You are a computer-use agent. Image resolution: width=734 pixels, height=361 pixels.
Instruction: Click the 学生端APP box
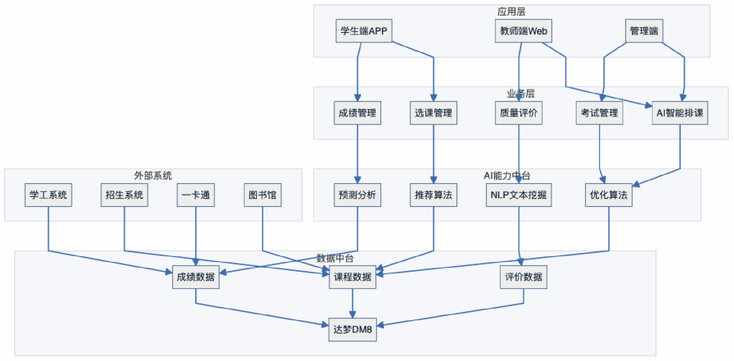364,31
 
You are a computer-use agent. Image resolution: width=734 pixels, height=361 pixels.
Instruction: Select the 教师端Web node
523,31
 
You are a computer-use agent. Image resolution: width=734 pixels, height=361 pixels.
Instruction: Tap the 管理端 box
644,31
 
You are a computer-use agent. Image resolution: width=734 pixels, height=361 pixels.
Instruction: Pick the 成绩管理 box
357,113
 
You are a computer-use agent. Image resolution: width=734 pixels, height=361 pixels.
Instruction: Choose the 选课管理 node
433,113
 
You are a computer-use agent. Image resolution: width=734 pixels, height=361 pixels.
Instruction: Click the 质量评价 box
518,113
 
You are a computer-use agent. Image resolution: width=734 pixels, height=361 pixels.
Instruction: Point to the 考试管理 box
599,113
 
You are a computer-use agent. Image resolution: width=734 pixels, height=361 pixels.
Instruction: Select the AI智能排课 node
680,113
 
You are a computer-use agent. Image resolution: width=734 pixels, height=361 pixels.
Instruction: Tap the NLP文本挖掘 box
518,195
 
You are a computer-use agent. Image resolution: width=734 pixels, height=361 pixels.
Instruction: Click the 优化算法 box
608,195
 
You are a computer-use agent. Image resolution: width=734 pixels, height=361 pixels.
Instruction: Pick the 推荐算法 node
433,195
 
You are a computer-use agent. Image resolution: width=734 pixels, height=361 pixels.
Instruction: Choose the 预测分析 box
357,195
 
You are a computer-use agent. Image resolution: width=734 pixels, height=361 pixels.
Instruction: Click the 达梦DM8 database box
352,330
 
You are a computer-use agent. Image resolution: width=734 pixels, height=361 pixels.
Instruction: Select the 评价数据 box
523,277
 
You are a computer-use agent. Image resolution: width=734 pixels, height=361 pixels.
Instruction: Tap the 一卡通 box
195,195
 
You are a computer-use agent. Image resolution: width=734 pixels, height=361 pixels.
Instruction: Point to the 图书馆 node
262,195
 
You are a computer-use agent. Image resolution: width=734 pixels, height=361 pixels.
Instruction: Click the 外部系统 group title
153,176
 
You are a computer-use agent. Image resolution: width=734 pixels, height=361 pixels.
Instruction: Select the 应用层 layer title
511,12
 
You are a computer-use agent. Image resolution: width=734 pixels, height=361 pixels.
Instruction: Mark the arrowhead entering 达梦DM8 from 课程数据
352,315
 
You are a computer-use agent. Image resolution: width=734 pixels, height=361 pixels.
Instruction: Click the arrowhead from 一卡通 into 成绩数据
195,262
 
